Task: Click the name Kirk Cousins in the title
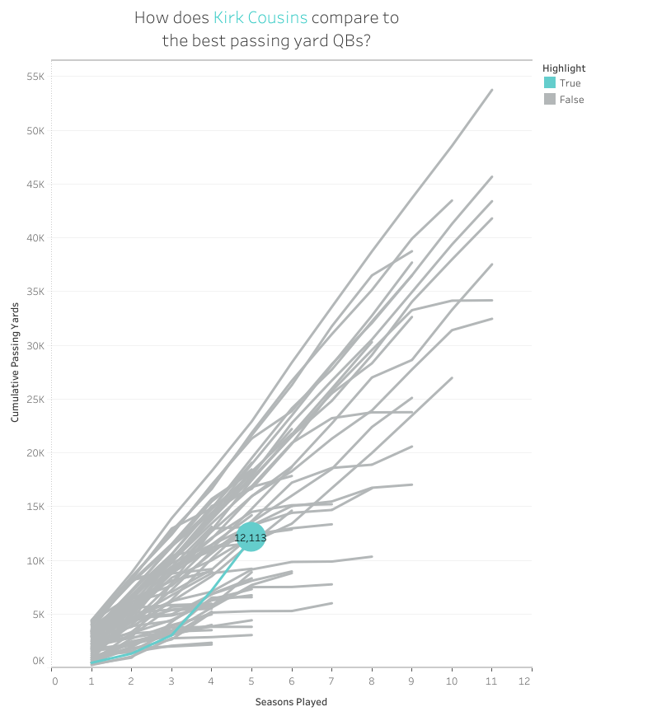point(260,17)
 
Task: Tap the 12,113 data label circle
point(251,538)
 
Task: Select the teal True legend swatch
point(550,83)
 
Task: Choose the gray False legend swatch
point(550,100)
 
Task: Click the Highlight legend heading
point(564,68)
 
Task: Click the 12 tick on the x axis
point(523,681)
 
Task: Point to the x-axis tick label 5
point(251,681)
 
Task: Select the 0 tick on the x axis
point(54,681)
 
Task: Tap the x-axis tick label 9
point(411,681)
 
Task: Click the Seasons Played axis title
point(291,702)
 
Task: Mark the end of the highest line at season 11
point(491,90)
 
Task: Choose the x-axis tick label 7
point(331,681)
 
